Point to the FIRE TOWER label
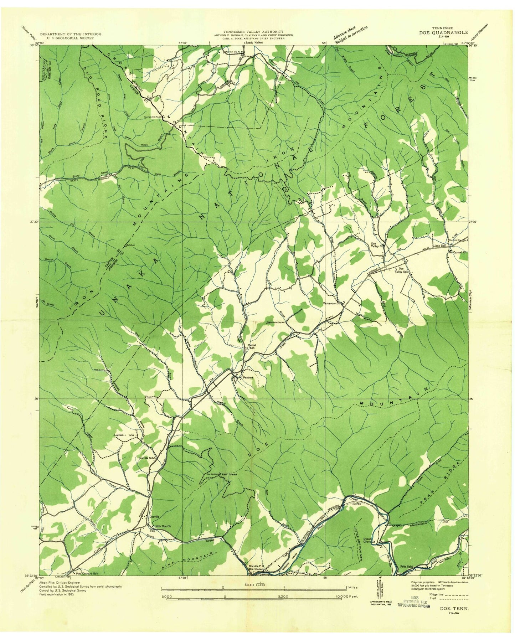pos(230,475)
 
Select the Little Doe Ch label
pos(162,526)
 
